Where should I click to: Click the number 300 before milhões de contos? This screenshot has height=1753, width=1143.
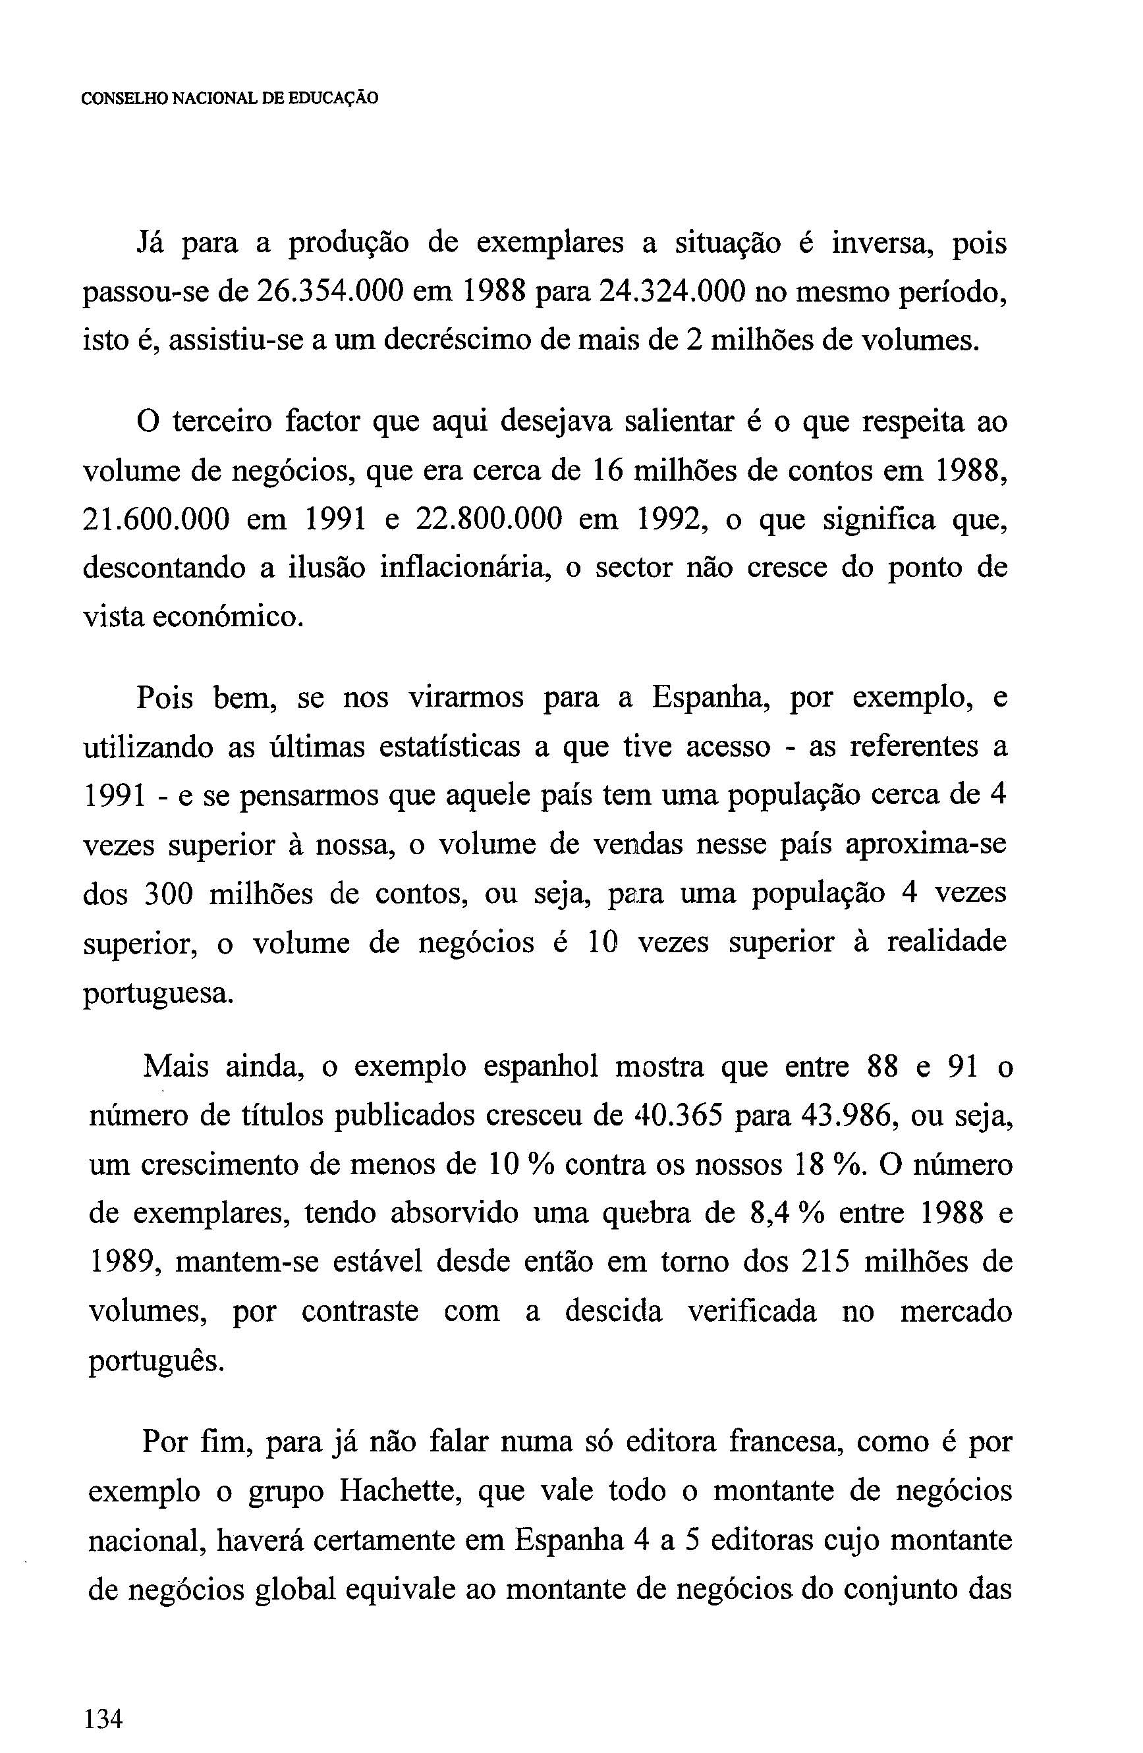click(x=167, y=894)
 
